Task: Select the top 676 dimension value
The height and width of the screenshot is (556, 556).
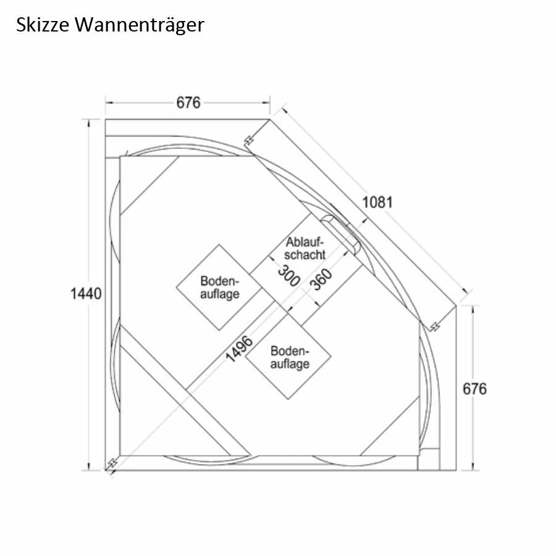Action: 188,103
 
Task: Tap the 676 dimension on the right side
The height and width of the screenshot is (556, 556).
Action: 474,389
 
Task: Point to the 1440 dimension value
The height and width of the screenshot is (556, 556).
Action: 86,293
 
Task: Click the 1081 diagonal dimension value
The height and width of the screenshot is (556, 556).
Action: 377,201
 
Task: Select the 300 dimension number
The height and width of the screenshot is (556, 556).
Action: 289,276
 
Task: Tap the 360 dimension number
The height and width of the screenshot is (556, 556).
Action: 321,279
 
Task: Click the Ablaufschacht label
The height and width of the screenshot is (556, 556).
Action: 305,248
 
